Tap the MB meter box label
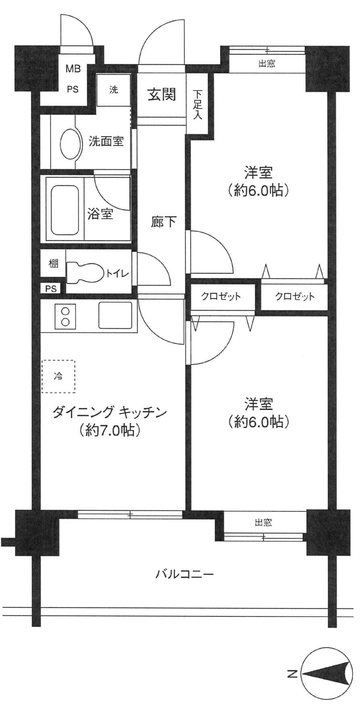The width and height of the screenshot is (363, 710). tap(73, 69)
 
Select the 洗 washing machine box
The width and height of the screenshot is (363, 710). tap(114, 90)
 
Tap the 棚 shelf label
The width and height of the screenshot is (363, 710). tap(53, 264)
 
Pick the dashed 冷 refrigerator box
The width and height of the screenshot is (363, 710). tap(58, 376)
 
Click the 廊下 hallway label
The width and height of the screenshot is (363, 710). tap(163, 221)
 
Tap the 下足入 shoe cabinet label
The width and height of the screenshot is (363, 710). tap(198, 104)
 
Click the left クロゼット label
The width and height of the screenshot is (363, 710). tap(221, 297)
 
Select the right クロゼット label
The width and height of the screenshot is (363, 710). tap(294, 297)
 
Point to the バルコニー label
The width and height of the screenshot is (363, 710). tap(184, 574)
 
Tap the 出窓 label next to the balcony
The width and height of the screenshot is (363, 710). tap(263, 523)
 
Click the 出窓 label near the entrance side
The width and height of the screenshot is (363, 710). tap(266, 64)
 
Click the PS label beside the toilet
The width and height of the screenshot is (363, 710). tap(51, 289)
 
